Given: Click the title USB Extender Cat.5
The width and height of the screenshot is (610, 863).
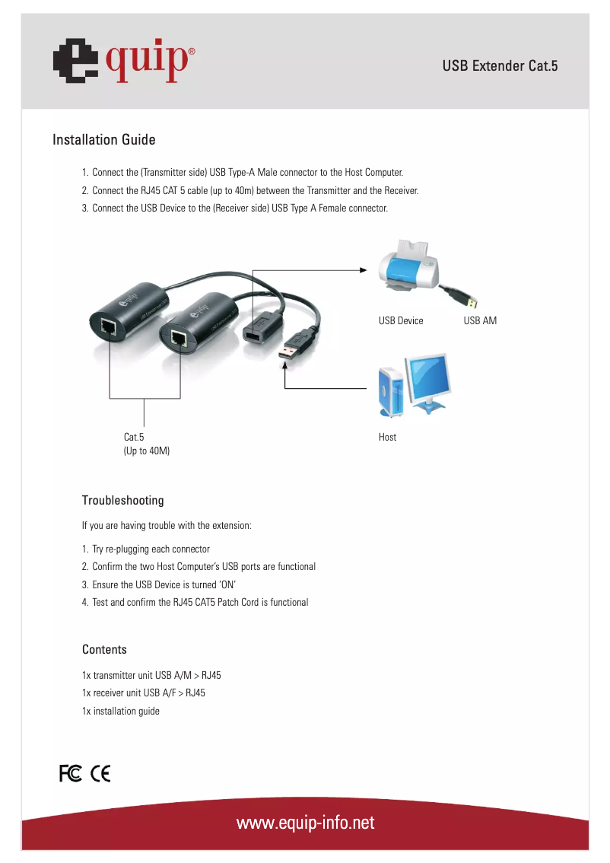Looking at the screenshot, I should coord(500,66).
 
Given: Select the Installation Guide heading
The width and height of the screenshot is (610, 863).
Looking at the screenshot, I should coord(103,140).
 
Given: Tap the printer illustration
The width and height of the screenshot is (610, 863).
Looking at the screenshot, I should coord(410,268).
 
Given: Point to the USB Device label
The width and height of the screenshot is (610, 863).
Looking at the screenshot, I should coord(401,320).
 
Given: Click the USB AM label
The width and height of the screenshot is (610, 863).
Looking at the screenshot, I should coord(480,320).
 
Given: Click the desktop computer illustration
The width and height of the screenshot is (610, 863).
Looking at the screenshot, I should coord(415,386).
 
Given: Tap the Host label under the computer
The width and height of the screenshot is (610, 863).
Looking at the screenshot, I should coord(387,438).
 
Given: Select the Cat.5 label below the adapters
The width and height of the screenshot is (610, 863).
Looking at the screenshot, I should coord(134,438).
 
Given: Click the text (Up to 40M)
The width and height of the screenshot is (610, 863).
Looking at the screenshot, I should coord(147,451).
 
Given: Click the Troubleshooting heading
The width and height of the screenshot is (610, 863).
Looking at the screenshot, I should coord(122,501).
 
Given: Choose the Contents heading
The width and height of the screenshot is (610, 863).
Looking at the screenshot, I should coord(104,650).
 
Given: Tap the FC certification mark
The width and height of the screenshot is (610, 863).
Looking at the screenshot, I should coord(70,774).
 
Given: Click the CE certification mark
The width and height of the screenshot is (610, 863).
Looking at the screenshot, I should coord(100,774).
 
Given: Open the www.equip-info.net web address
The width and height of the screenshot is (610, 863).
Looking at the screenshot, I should coord(305,823).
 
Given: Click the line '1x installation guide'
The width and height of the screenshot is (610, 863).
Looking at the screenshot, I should coord(121,712).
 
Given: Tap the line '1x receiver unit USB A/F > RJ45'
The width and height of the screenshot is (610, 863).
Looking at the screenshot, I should coord(143,693).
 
